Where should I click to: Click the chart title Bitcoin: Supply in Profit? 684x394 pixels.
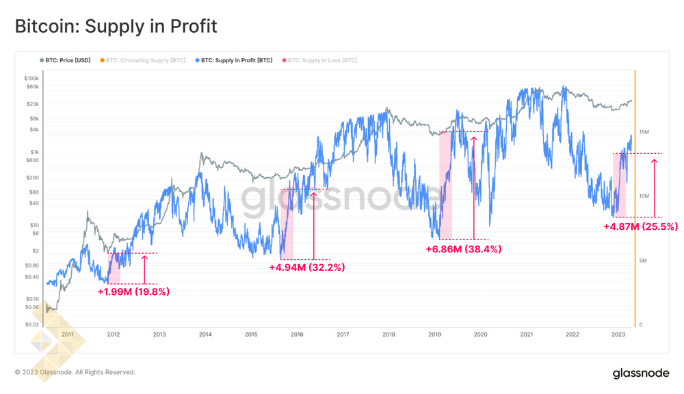116,26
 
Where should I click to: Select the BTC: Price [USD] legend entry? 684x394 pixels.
66,60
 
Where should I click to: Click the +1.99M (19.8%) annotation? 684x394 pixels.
133,291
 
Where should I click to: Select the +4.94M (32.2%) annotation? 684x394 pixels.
307,267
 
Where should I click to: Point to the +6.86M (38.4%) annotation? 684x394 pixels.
463,250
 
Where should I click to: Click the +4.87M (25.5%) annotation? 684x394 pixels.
640,226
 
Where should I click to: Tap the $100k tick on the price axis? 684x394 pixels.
31,79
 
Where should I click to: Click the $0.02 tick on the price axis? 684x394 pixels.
31,324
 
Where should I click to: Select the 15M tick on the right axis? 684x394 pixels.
644,132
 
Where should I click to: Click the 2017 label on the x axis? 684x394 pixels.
343,334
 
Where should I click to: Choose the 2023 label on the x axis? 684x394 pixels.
618,334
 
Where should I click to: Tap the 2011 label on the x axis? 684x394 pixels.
68,334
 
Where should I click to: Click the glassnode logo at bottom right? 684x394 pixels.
640,373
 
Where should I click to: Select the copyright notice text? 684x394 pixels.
75,372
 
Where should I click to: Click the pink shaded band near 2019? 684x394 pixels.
445,185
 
